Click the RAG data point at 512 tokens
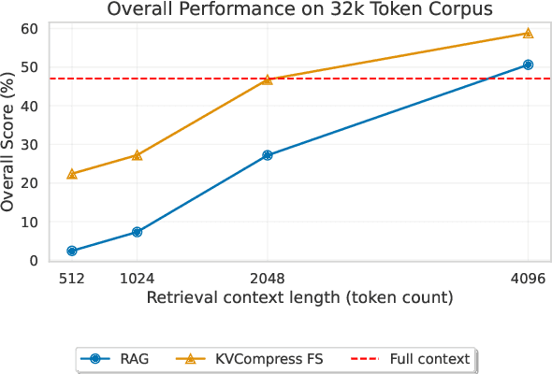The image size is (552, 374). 72,251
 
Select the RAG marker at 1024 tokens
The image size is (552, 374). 137,232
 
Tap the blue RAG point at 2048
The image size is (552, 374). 268,155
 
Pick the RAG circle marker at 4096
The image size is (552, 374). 528,65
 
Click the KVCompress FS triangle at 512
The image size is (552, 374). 72,174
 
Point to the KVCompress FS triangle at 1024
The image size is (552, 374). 137,155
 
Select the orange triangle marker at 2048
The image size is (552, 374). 268,80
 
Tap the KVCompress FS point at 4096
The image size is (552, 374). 528,34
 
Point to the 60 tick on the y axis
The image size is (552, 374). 29,28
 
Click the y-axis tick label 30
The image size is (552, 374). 29,145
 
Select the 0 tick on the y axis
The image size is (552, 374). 33,261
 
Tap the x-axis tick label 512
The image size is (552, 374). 72,279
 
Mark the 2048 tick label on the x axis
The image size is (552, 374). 268,279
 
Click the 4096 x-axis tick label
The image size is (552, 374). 528,279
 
